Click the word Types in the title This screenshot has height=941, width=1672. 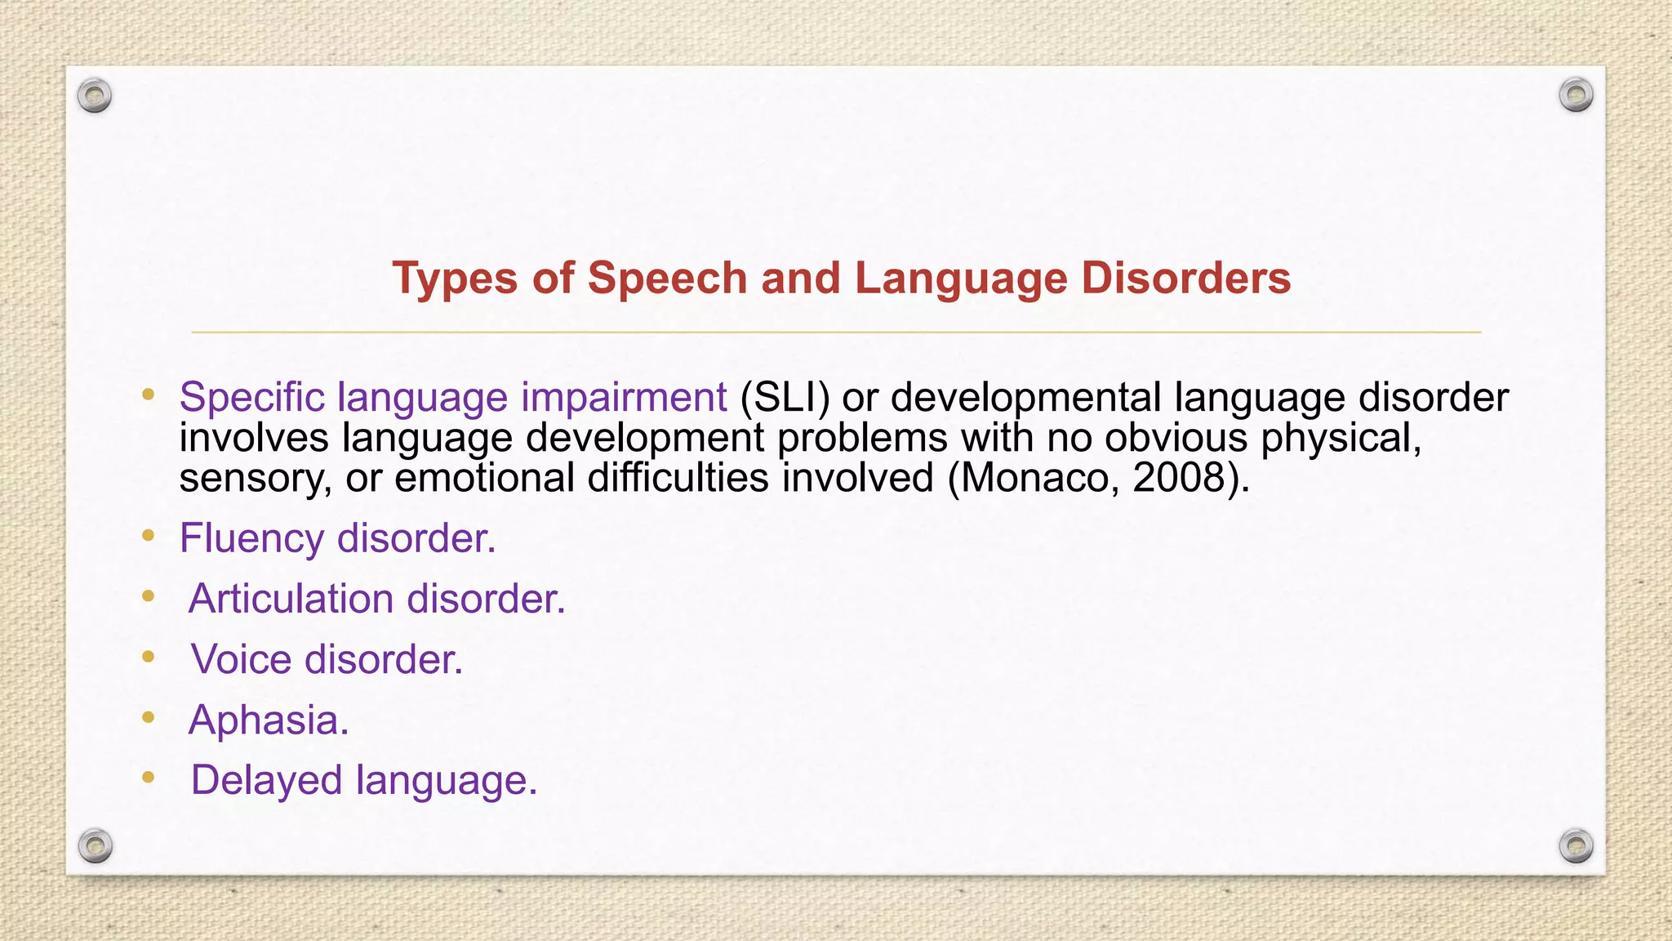coord(454,279)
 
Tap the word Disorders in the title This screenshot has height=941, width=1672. coord(1185,279)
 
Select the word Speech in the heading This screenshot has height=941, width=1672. coord(667,279)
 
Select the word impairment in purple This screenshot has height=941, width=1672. coord(624,398)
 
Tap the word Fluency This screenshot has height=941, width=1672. coord(251,539)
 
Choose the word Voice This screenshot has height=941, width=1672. coord(241,659)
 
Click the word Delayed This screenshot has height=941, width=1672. coord(266,781)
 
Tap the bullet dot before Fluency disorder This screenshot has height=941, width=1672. coord(148,536)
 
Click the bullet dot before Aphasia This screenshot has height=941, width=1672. coord(148,717)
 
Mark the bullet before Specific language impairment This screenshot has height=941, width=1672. coord(148,395)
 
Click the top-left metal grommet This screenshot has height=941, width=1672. coord(95,96)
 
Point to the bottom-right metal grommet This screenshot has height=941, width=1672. coord(1576,845)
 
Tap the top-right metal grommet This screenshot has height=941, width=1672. coord(1576,96)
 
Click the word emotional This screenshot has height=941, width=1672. coord(485,478)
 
